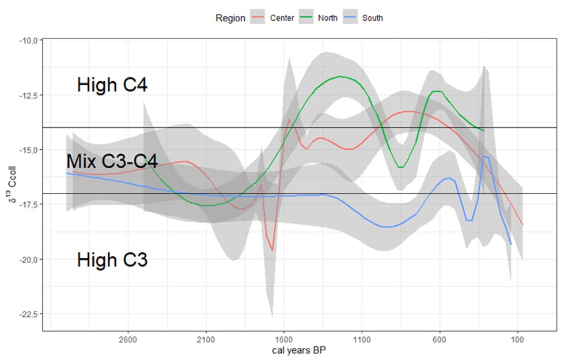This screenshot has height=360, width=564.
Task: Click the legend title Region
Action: point(230,18)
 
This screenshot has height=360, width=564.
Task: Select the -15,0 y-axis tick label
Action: point(28,150)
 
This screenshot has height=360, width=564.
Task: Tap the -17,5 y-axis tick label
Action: point(28,204)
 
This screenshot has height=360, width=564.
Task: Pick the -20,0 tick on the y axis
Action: point(28,259)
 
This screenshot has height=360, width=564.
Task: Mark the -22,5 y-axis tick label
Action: point(28,314)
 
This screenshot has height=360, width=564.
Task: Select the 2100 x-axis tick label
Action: point(206,339)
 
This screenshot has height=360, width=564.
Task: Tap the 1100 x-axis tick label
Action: point(362,339)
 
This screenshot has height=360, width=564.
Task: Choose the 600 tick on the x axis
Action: point(440,339)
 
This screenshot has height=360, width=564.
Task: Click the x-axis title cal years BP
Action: point(300,350)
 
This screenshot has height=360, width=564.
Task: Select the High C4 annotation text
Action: point(112,86)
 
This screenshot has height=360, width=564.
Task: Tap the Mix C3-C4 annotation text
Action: point(112,161)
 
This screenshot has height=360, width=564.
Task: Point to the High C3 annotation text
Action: point(112,260)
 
